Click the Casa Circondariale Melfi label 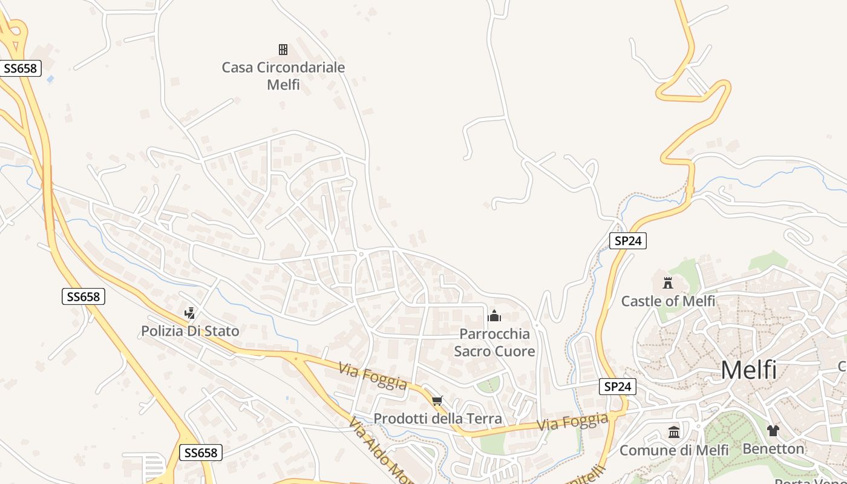click(283, 76)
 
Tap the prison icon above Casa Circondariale click(283, 50)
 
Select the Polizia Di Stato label click(190, 331)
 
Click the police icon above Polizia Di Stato click(190, 313)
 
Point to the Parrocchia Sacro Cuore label click(494, 342)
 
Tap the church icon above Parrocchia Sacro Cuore click(494, 315)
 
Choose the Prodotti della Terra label click(437, 418)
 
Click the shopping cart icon click(437, 401)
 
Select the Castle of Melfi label click(668, 301)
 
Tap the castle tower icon click(668, 283)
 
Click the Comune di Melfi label click(674, 450)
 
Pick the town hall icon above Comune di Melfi click(674, 432)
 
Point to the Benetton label click(773, 448)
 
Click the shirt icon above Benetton click(773, 431)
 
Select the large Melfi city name click(748, 370)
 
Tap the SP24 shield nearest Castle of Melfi click(628, 241)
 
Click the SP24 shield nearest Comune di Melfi click(618, 387)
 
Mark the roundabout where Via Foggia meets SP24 click(613, 416)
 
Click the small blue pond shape click(50, 79)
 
